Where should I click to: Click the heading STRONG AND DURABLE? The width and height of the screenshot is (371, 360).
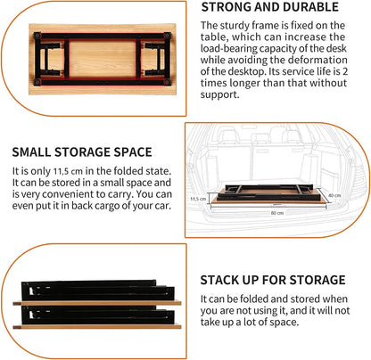tap(270, 7)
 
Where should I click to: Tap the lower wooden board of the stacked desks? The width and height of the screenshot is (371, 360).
tap(98, 326)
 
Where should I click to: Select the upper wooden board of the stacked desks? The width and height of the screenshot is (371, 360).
tap(98, 303)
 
